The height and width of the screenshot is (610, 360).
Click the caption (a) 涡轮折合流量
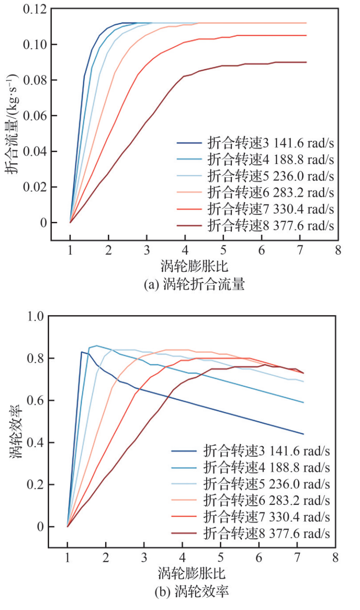(194, 285)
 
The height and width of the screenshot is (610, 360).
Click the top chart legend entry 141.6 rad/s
(270, 143)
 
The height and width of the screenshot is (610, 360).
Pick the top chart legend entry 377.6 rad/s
(270, 226)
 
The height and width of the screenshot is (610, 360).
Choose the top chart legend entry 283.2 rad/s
(270, 192)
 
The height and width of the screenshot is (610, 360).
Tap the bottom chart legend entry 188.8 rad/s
(267, 467)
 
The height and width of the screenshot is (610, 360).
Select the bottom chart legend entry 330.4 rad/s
(267, 517)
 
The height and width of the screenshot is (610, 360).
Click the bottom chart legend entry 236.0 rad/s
(267, 484)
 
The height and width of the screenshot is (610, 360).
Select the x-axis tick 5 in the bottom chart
(221, 559)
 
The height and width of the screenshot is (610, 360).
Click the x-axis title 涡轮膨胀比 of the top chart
(195, 267)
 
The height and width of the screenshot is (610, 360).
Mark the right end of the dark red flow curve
(306, 62)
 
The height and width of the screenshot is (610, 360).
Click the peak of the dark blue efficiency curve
(81, 352)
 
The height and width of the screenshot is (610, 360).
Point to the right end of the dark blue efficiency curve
(304, 434)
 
